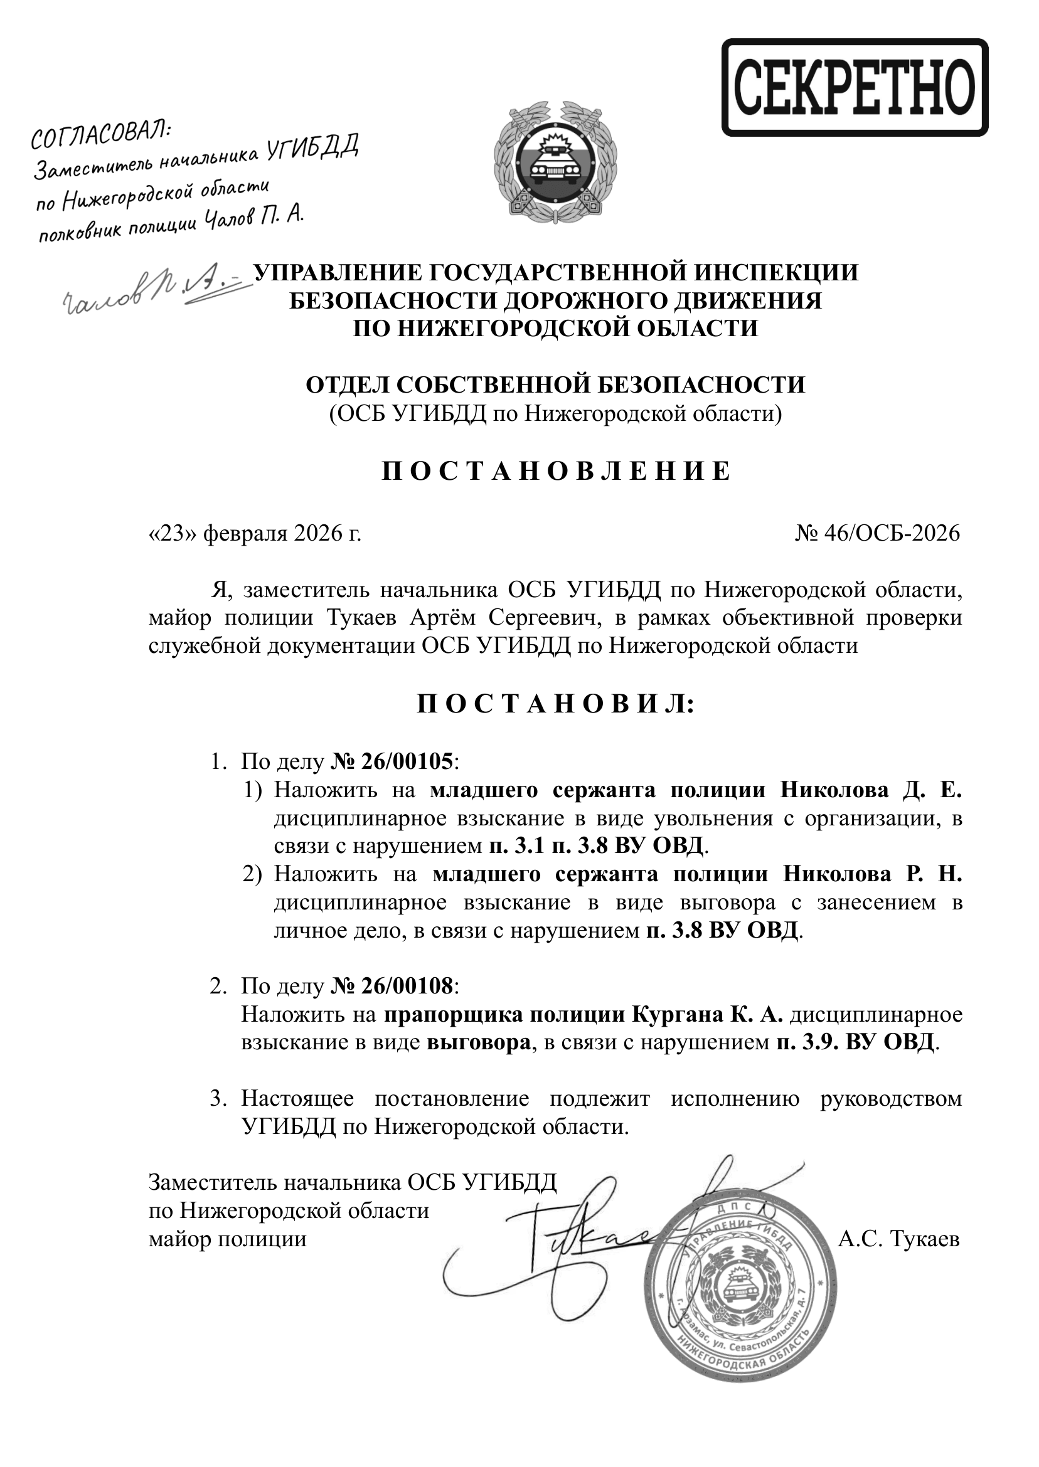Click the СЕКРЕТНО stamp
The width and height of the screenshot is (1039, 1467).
[855, 87]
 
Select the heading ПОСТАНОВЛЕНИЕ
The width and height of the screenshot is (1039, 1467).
[555, 471]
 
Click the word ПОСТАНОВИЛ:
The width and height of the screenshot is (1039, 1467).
[555, 704]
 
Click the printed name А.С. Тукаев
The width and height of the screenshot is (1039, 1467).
[898, 1240]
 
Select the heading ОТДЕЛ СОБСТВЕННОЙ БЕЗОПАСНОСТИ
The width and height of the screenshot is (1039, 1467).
[555, 385]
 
